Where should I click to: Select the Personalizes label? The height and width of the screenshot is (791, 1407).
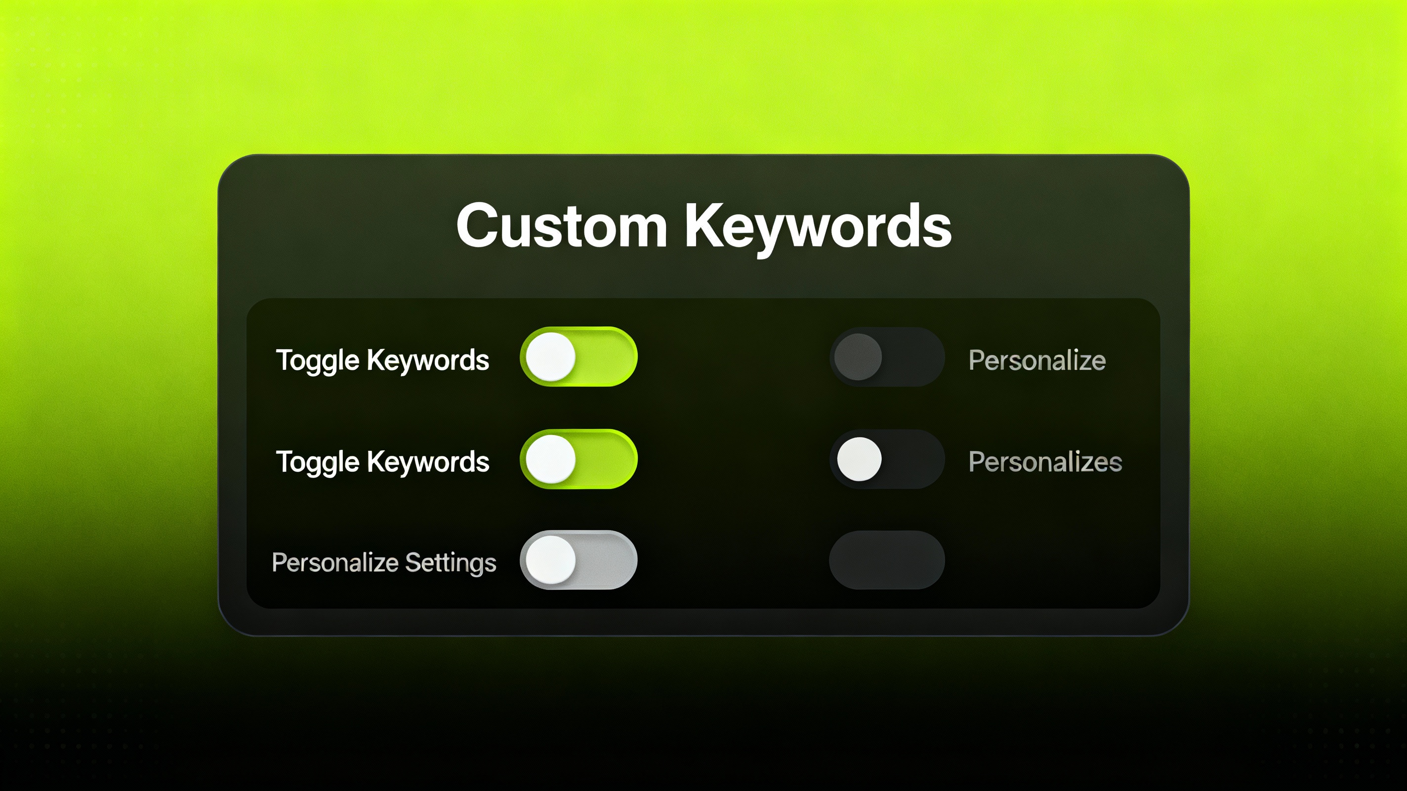1045,462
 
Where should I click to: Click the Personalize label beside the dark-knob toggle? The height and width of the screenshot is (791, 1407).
1036,360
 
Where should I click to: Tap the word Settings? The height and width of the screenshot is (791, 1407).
451,563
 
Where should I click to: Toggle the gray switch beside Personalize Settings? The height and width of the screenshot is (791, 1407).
579,560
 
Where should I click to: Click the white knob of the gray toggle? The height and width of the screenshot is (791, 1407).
551,560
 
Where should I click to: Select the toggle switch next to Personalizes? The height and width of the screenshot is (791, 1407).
887,459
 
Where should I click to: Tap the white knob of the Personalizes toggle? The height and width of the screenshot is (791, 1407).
859,459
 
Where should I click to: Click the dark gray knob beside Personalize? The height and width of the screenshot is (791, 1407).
858,357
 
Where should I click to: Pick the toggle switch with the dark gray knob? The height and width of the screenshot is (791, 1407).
887,357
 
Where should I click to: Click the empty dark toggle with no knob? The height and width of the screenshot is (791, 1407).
887,560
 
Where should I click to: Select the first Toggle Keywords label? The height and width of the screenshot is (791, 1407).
382,360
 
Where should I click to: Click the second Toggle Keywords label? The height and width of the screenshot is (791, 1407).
382,462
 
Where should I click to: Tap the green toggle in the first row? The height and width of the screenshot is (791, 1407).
579,357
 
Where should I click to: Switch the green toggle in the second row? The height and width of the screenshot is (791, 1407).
579,459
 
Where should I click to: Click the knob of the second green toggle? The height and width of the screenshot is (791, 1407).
551,459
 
